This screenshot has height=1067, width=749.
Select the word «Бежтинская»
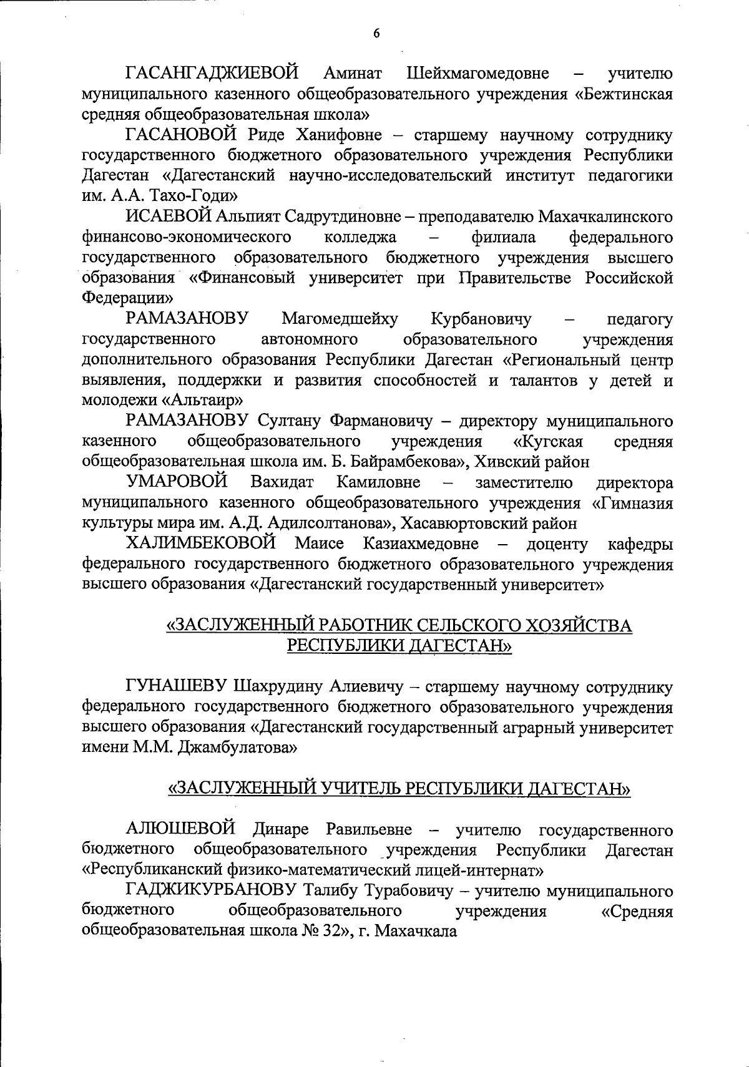[624, 94]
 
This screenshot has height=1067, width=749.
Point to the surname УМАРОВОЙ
[176, 482]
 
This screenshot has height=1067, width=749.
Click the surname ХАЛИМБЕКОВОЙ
[201, 543]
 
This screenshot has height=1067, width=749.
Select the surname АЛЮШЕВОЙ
[180, 829]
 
